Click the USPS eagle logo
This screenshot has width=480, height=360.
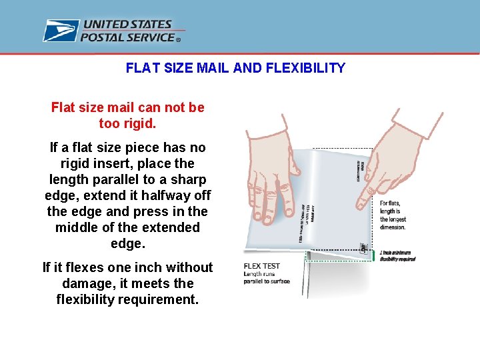(x=61, y=31)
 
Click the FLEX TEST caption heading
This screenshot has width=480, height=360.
(x=262, y=266)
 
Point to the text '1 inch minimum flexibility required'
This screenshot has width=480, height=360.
(x=397, y=255)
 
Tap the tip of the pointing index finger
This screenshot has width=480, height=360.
(x=359, y=207)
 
